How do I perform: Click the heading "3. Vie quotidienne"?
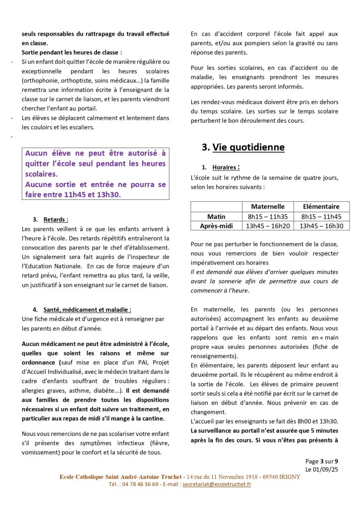tap(243, 147)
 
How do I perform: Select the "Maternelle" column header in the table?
tap(268, 206)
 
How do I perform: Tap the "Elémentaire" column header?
tap(321, 206)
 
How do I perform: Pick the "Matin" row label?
tap(216, 216)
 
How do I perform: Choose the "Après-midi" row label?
tap(216, 226)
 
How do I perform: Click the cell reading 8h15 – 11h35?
tap(268, 216)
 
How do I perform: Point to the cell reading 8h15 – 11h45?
tap(321, 216)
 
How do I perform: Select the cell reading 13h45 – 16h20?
tap(268, 226)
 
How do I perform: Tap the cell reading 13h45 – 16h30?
tap(321, 226)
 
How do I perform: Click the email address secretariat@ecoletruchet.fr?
tap(217, 484)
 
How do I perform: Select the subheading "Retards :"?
tap(56, 219)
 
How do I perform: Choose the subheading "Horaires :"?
tap(226, 168)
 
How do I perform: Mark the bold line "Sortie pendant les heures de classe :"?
tap(72, 52)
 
